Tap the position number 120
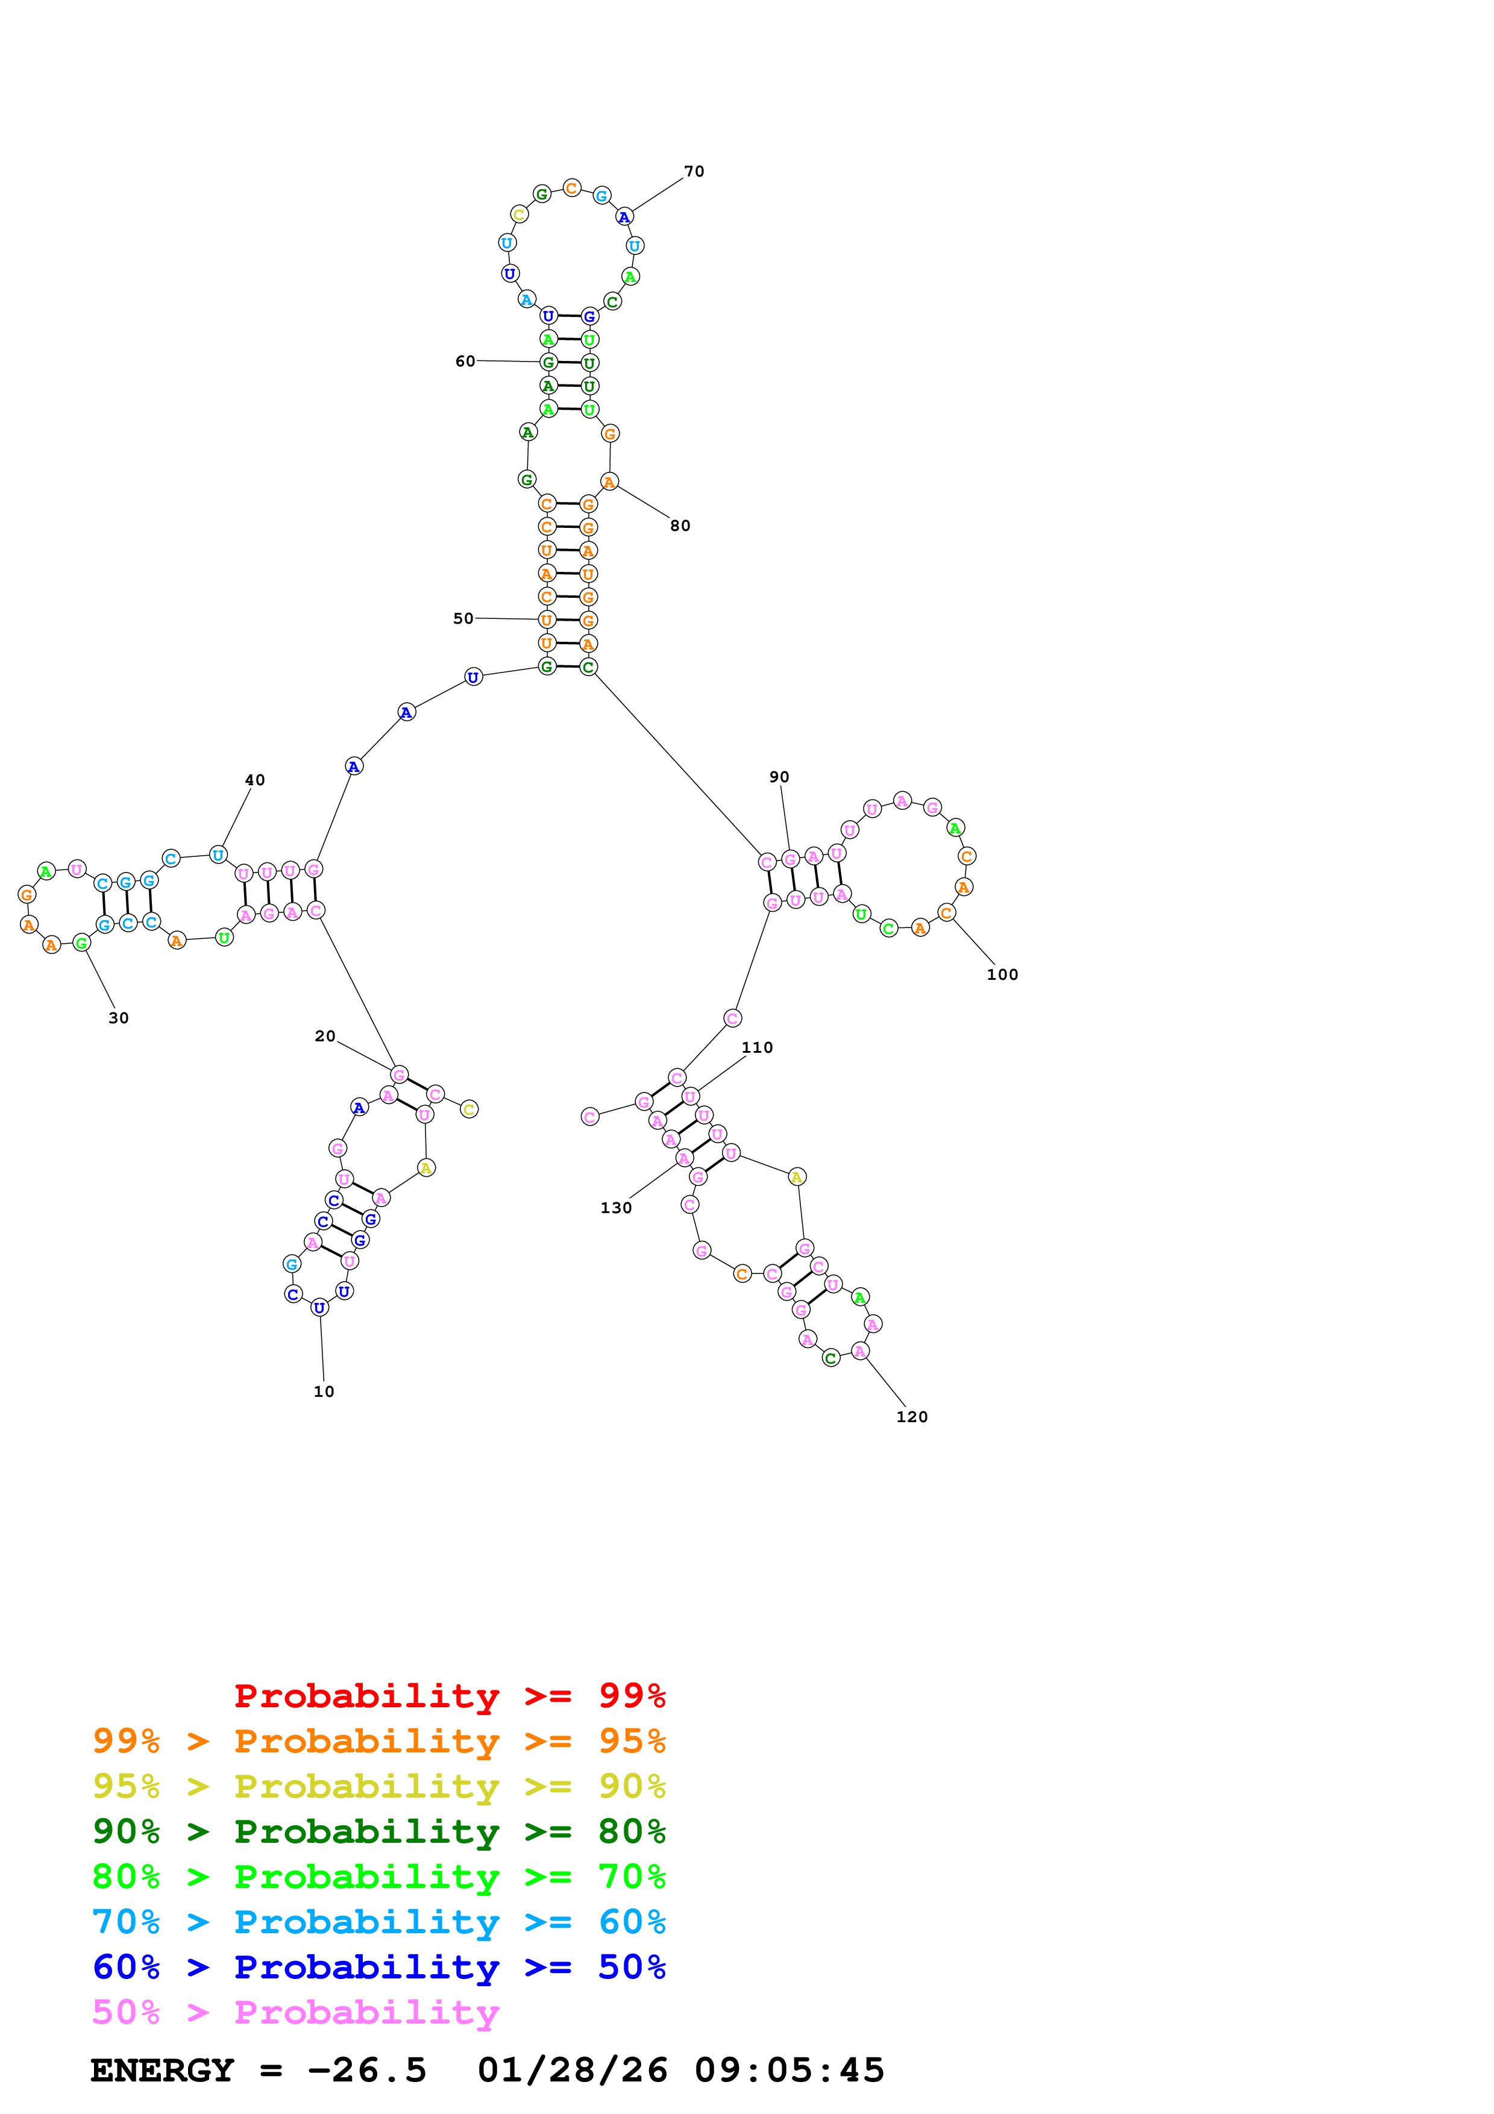click(911, 1417)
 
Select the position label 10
click(323, 1391)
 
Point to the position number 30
click(119, 1017)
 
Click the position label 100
click(1002, 974)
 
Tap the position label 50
click(463, 619)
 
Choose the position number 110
click(757, 1047)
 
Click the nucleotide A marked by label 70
click(624, 218)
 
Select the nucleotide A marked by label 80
click(609, 481)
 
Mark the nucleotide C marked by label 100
click(946, 912)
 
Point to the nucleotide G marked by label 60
click(548, 362)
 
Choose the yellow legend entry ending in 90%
click(378, 1786)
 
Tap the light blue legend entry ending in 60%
click(378, 1922)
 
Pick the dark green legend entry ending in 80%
click(378, 1831)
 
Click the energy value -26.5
click(367, 2070)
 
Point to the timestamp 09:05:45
click(789, 2070)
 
